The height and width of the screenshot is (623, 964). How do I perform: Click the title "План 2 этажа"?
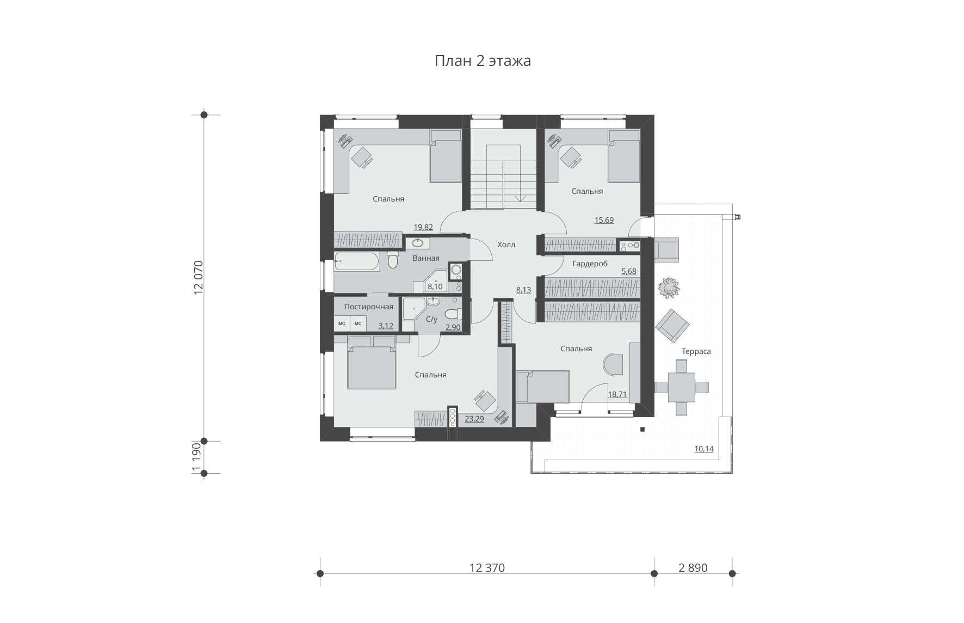point(483,60)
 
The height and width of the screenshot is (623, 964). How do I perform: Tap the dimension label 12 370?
point(487,568)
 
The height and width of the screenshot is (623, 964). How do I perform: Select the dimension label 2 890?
point(693,568)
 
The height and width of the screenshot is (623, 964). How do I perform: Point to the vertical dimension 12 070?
point(198,278)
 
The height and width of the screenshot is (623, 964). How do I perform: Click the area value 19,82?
point(423,228)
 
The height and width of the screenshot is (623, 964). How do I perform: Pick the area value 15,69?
point(604,221)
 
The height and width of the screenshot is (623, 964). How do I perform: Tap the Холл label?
point(506,245)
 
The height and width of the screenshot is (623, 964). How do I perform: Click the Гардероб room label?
point(590,264)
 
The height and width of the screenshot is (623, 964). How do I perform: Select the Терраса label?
point(696,352)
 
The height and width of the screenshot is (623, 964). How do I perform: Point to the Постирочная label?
point(368,307)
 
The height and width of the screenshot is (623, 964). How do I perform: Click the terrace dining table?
point(681,387)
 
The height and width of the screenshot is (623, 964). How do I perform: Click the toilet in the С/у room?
point(453,314)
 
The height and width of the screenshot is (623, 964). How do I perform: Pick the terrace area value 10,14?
point(704,449)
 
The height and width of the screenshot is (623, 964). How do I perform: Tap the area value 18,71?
point(617,394)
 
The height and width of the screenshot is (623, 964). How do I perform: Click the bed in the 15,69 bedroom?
point(624,156)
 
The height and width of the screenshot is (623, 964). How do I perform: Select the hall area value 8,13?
point(523,290)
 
